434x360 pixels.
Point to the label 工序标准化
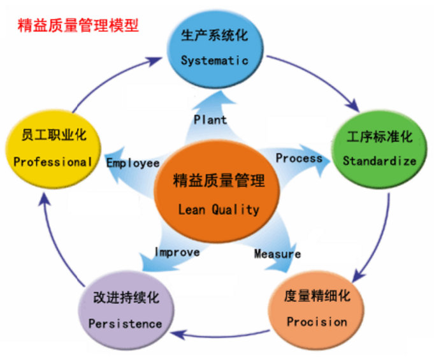pyautogui.click(x=380, y=137)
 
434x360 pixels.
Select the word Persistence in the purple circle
pyautogui.click(x=125, y=324)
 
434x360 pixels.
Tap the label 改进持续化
pyautogui.click(x=126, y=298)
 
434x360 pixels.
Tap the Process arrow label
pyautogui.click(x=299, y=157)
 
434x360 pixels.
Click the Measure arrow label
pyautogui.click(x=277, y=254)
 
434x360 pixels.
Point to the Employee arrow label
pyautogui.click(x=133, y=163)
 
